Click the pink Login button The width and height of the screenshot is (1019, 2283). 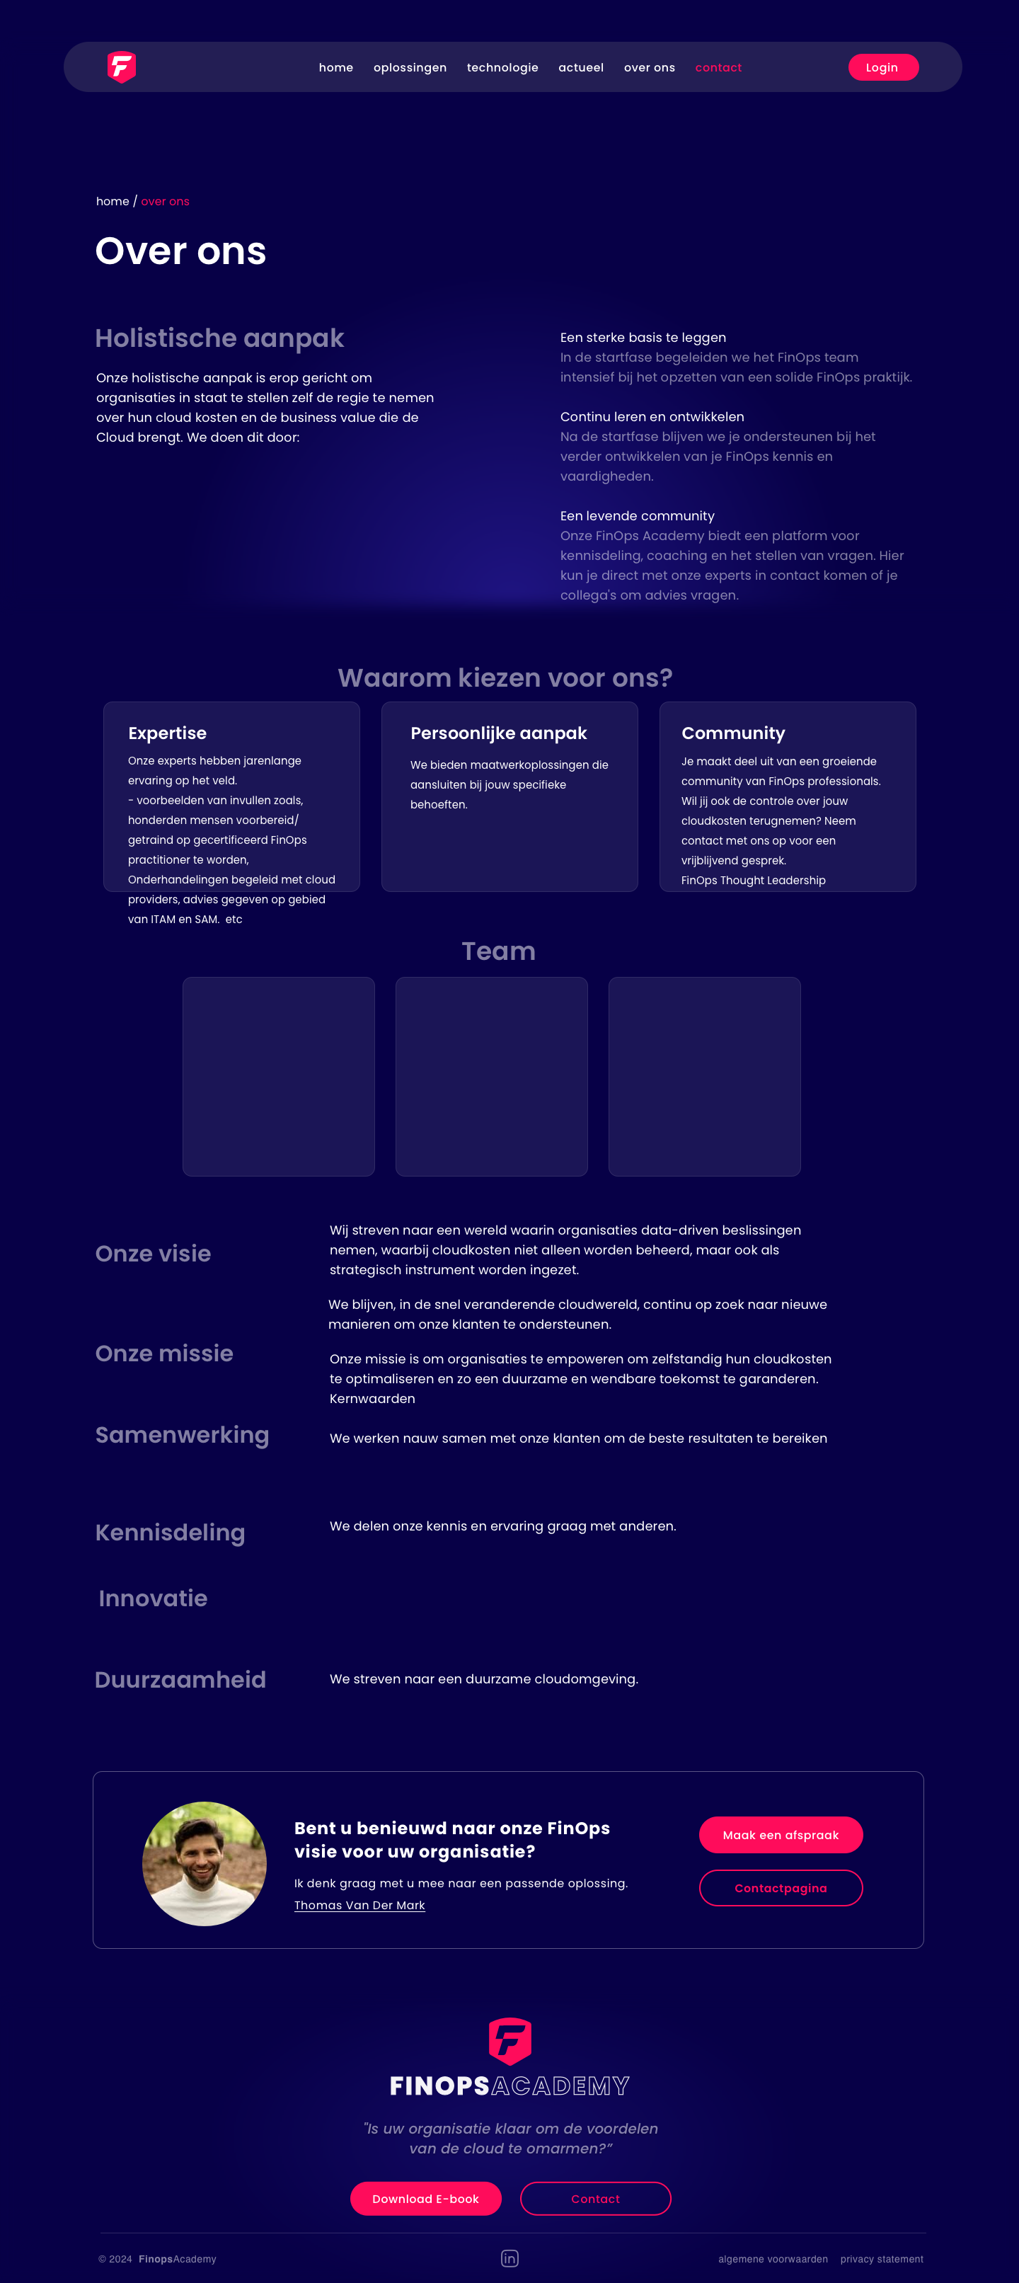[x=882, y=67]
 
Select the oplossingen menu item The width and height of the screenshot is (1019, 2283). [x=410, y=67]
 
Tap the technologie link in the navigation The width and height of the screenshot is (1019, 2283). [x=502, y=67]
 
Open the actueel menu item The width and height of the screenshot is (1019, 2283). [x=580, y=67]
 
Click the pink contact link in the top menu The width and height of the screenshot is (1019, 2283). [x=718, y=67]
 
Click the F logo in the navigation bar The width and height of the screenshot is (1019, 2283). [x=122, y=67]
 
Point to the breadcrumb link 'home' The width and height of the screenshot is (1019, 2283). [x=113, y=201]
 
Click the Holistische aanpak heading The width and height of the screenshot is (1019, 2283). [x=219, y=338]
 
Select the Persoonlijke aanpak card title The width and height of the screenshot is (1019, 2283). [x=498, y=733]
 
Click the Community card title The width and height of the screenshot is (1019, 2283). [x=733, y=733]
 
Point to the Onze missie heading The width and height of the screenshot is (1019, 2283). [x=164, y=1354]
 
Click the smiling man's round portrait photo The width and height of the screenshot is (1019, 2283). [x=204, y=1864]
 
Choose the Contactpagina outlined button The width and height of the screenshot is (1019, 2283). [x=781, y=1888]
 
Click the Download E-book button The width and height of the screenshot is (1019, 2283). [x=425, y=2199]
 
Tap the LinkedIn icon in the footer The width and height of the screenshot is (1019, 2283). [x=509, y=2258]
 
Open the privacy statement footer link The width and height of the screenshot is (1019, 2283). [x=882, y=2259]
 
